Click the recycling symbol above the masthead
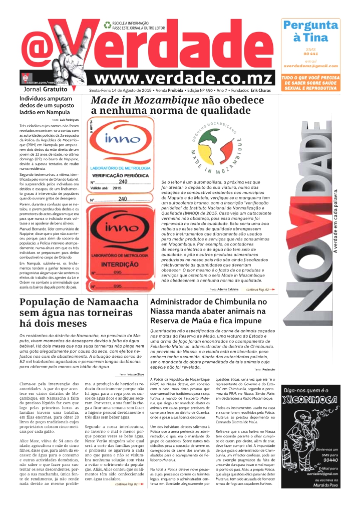coord(107,24)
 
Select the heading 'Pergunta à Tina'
coord(310,31)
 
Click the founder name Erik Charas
coord(261,90)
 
